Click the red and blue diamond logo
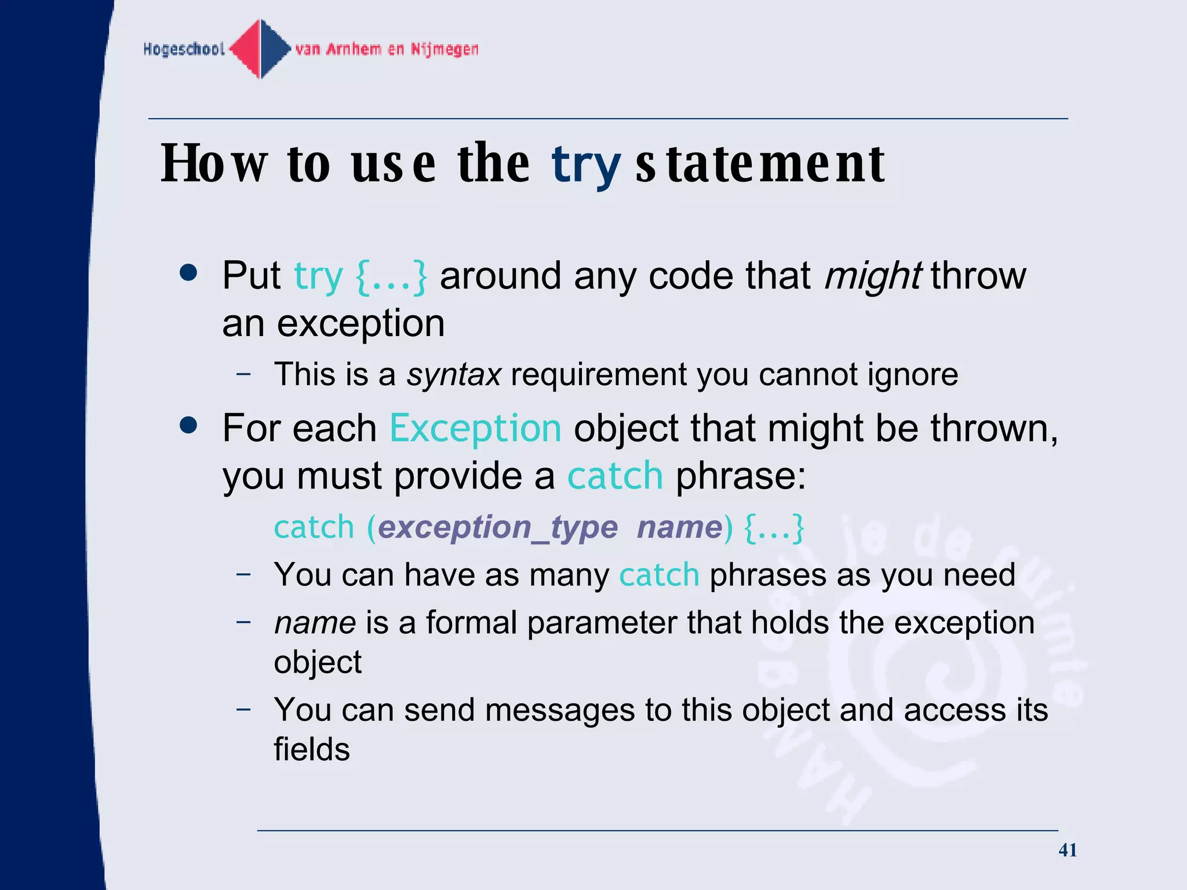pyautogui.click(x=260, y=49)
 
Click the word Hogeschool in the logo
pyautogui.click(x=184, y=49)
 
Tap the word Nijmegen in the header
pyautogui.click(x=445, y=49)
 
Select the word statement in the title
pyautogui.click(x=760, y=164)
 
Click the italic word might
pyautogui.click(x=872, y=276)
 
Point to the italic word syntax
pyautogui.click(x=453, y=374)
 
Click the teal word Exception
pyautogui.click(x=475, y=428)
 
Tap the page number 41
pyautogui.click(x=1067, y=849)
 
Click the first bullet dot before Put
pyautogui.click(x=188, y=272)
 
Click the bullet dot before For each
pyautogui.click(x=188, y=426)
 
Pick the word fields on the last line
pyautogui.click(x=312, y=749)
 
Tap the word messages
pyautogui.click(x=559, y=710)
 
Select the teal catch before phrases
pyautogui.click(x=659, y=575)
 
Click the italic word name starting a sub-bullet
pyautogui.click(x=315, y=623)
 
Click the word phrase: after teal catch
pyautogui.click(x=740, y=476)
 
